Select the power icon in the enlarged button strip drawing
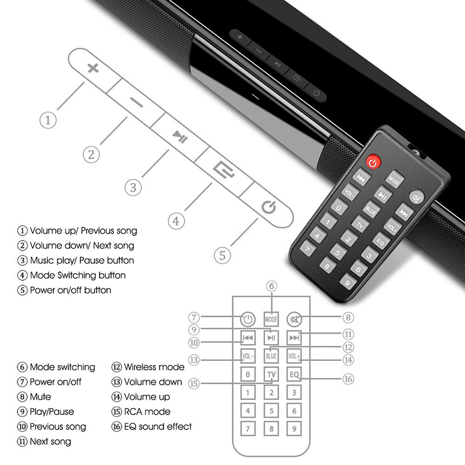pyautogui.click(x=267, y=207)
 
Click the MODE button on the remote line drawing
pyautogui.click(x=271, y=319)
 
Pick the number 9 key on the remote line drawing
pyautogui.click(x=295, y=429)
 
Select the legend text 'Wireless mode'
pyautogui.click(x=153, y=367)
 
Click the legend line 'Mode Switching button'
pyautogui.click(x=77, y=275)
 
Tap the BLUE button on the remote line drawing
pyautogui.click(x=271, y=356)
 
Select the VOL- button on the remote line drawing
pyautogui.click(x=248, y=356)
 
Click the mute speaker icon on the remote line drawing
pyautogui.click(x=295, y=319)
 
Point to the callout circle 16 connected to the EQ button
pyautogui.click(x=348, y=379)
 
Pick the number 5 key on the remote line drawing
pyautogui.click(x=271, y=411)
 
